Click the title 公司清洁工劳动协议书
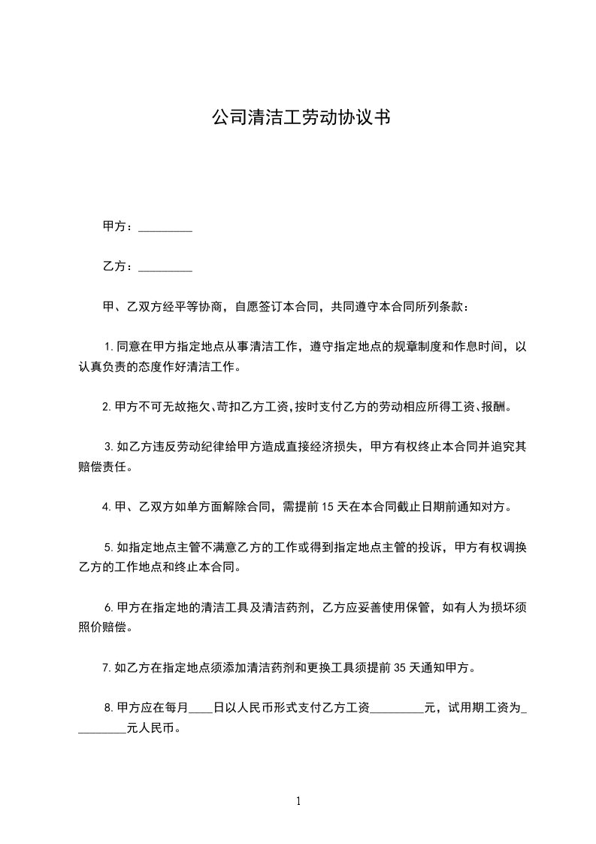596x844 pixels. (300, 117)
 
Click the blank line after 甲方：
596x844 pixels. (165, 227)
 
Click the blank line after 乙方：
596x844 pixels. (165, 267)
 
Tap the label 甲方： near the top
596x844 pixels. (119, 226)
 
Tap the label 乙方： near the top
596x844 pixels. (119, 266)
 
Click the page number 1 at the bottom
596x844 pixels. (298, 801)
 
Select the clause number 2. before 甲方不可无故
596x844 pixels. (107, 407)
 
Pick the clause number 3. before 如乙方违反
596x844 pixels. (109, 447)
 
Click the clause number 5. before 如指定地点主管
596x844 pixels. (109, 547)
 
